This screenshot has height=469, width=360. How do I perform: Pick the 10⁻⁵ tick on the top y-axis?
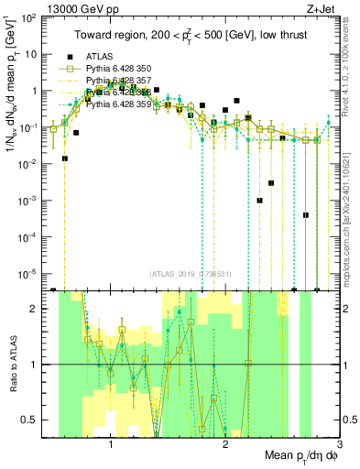(30, 272)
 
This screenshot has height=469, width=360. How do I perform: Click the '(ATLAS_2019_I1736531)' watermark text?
(191, 274)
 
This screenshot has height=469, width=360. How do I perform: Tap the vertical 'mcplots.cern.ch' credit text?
(351, 211)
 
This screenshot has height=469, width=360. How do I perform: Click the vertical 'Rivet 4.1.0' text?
(351, 64)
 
